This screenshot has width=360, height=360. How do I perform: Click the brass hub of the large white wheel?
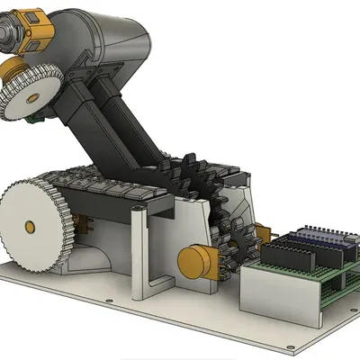click(x=31, y=225)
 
